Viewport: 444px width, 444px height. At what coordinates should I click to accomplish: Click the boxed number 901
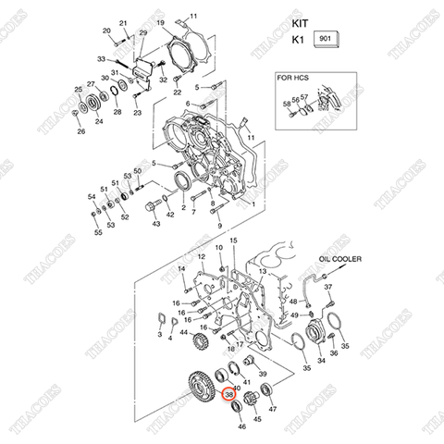click(327, 39)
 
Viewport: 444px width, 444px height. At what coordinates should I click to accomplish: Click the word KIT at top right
click(301, 19)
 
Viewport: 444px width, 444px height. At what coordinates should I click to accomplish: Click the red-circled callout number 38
click(229, 396)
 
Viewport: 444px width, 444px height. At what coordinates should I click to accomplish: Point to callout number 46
click(242, 426)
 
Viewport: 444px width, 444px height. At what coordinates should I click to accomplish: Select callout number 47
click(272, 408)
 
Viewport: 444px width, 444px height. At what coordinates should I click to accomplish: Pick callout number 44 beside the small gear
click(185, 332)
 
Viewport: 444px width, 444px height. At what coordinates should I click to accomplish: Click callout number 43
click(155, 224)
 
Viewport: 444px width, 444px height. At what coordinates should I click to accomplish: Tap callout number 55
click(98, 234)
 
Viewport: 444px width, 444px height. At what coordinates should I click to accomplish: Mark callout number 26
click(80, 131)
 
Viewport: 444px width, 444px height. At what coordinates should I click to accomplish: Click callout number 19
click(159, 21)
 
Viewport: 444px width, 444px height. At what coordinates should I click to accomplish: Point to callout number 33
click(102, 59)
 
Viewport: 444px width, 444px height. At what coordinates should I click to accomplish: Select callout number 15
click(234, 240)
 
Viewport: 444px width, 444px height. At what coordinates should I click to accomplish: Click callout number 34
click(322, 360)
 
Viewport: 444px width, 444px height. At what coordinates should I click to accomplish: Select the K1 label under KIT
click(298, 40)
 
